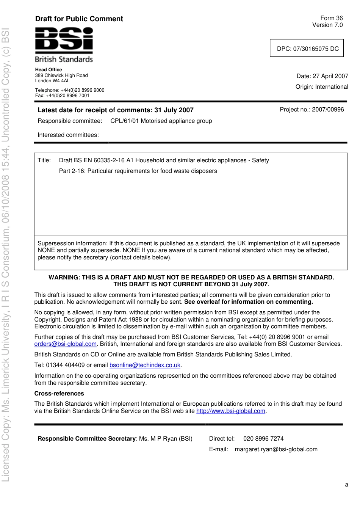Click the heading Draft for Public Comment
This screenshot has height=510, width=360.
(79, 19)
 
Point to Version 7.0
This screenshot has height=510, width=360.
(327, 25)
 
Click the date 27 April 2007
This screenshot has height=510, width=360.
(330, 76)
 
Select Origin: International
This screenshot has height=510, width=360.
(322, 87)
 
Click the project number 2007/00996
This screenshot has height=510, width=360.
(328, 110)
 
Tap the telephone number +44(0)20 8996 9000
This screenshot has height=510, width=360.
(82, 90)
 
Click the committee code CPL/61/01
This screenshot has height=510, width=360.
(125, 121)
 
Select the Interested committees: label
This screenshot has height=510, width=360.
(68, 135)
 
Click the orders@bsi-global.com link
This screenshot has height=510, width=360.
(65, 344)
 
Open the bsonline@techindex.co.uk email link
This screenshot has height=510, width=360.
(145, 365)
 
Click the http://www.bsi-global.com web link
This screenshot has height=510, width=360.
(230, 411)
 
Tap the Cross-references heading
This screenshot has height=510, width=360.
(59, 394)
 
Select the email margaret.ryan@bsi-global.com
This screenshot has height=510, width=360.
(276, 449)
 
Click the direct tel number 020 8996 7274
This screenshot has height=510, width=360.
(263, 439)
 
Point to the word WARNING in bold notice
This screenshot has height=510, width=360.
(64, 278)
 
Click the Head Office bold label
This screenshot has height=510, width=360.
(49, 70)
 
